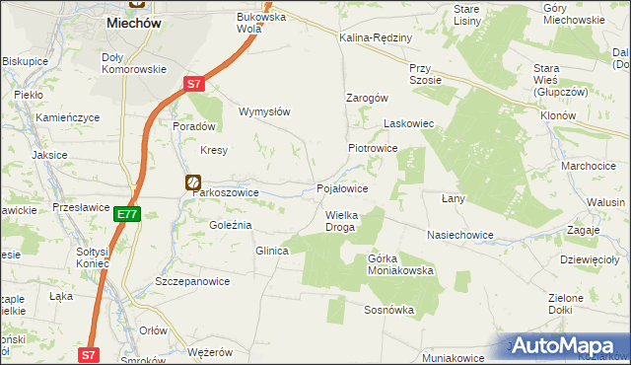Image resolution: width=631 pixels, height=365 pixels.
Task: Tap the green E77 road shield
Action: tap(125, 213)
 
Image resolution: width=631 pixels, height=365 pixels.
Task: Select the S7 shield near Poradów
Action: tap(195, 85)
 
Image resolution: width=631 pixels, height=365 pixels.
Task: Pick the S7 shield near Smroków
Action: tap(89, 353)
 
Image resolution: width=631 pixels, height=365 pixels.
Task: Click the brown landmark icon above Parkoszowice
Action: tap(193, 182)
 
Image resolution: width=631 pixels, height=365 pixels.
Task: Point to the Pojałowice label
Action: tap(342, 187)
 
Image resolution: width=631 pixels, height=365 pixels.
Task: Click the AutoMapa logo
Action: tap(569, 345)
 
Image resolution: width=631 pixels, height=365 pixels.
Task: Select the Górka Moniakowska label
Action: tap(400, 263)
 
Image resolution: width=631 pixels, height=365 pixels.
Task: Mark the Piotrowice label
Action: tap(372, 147)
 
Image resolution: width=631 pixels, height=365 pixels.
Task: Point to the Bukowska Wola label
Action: tap(261, 23)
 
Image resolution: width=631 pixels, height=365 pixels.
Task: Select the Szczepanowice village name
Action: tap(192, 281)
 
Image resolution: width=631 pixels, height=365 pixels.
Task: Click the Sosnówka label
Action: tap(388, 310)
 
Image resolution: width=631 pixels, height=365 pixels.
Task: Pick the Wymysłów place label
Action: tap(264, 111)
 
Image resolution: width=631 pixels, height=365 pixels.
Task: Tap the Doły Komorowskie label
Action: tap(133, 63)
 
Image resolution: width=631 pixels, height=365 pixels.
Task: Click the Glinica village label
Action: tap(271, 251)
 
